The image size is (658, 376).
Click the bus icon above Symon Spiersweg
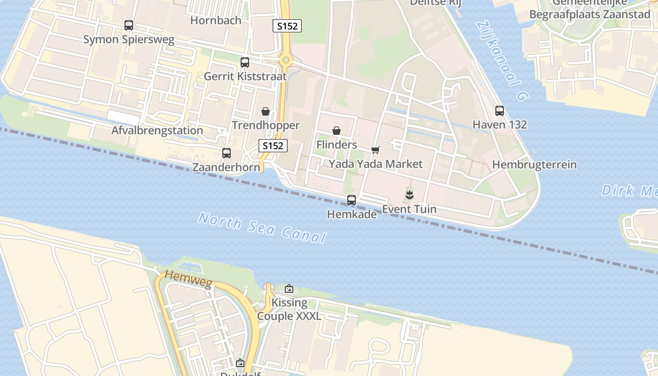click(129, 25)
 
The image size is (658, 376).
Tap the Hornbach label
click(216, 21)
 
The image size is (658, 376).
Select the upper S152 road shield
click(287, 26)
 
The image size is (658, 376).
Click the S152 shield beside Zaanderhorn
click(273, 146)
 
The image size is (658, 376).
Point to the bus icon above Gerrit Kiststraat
click(245, 63)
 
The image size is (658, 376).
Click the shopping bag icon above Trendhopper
click(266, 111)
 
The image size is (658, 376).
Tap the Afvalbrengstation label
click(157, 131)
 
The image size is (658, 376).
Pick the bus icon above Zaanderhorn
click(227, 153)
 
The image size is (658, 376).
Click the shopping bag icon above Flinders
click(337, 131)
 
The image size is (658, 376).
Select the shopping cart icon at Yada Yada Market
click(376, 150)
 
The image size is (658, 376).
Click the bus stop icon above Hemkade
click(352, 200)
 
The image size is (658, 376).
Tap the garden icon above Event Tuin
click(409, 195)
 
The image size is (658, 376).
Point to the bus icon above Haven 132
click(500, 111)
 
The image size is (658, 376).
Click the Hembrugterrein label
click(534, 165)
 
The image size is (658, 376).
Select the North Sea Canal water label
click(262, 228)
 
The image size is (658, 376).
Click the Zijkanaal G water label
click(502, 61)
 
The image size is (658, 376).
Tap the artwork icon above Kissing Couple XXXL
click(289, 289)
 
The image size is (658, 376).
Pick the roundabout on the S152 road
click(286, 61)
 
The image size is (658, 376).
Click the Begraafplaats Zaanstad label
click(589, 15)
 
